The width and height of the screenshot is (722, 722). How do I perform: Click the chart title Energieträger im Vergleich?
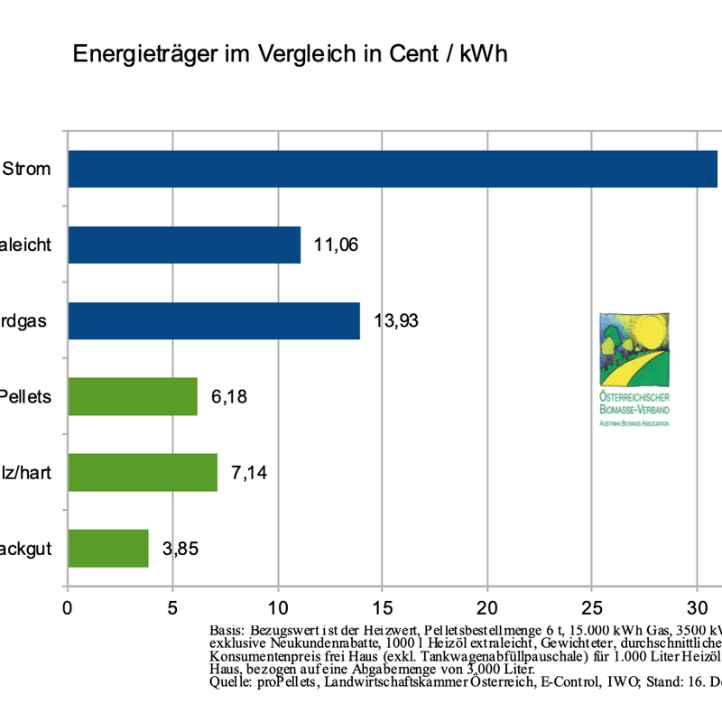pyautogui.click(x=290, y=54)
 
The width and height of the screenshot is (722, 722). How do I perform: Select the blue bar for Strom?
pyautogui.click(x=393, y=169)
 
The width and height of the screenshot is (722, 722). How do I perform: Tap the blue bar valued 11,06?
pyautogui.click(x=184, y=245)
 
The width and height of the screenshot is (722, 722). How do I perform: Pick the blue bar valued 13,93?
pyautogui.click(x=214, y=320)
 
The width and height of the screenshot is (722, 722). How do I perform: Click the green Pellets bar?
pyautogui.click(x=133, y=396)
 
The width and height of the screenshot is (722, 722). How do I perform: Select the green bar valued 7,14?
pyautogui.click(x=143, y=472)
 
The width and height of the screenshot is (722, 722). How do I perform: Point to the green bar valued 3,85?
pyautogui.click(x=107, y=548)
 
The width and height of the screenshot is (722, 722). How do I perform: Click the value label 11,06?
pyautogui.click(x=337, y=245)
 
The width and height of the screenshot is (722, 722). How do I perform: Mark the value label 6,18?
pyautogui.click(x=229, y=396)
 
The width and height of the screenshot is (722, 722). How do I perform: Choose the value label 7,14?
pyautogui.click(x=249, y=472)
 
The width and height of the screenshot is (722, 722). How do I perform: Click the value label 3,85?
pyautogui.click(x=180, y=548)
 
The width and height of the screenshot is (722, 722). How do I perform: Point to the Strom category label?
pyautogui.click(x=27, y=169)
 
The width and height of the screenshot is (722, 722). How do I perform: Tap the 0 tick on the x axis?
pyautogui.click(x=68, y=607)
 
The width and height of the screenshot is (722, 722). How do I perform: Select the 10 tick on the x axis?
pyautogui.click(x=277, y=607)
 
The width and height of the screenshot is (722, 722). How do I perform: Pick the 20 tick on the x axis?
pyautogui.click(x=487, y=607)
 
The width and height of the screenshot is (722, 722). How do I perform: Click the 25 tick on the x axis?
pyautogui.click(x=592, y=607)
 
